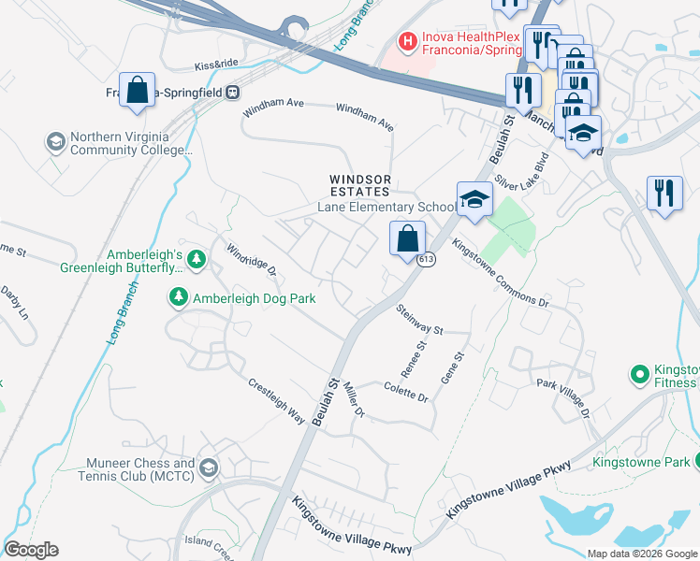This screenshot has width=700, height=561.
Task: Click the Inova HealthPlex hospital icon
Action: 407,40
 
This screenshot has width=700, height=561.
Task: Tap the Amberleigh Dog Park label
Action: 254,298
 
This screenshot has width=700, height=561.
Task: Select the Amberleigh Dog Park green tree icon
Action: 178,297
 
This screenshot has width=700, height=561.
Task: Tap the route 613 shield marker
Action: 427,259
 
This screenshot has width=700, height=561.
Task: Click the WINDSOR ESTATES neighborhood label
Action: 359,185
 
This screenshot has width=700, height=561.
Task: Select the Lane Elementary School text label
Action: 386,208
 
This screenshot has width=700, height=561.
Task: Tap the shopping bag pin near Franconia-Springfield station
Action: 138,91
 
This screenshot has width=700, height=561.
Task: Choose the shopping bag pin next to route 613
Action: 408,238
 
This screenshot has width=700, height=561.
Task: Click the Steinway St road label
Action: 418,320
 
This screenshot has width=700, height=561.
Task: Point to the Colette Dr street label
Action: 405,392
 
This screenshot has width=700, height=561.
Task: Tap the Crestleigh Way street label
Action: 276,401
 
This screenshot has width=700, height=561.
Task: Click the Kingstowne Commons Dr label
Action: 500,272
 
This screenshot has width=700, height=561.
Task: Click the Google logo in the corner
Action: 31,550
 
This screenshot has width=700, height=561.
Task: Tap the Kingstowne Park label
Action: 641,462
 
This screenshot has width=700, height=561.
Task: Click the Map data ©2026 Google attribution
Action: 641,554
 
